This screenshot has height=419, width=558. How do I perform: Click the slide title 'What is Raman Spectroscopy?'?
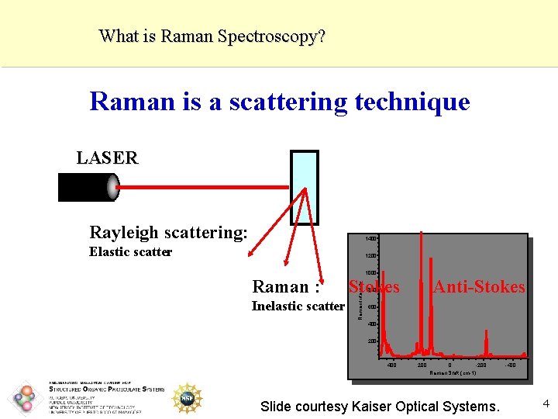click(x=212, y=36)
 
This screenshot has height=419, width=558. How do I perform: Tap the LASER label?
click(x=107, y=158)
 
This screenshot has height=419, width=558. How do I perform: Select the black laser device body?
click(x=83, y=186)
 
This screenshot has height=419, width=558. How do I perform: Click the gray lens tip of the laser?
click(x=113, y=186)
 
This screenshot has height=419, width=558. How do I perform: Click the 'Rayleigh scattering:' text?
click(x=168, y=232)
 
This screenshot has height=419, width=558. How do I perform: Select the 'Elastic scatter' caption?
click(x=130, y=251)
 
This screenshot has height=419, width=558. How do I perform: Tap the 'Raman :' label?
click(x=286, y=287)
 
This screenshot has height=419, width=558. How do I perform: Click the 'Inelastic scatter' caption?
click(x=298, y=306)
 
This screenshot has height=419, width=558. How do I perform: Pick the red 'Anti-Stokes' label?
click(x=479, y=287)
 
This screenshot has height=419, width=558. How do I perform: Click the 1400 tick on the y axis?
click(x=371, y=238)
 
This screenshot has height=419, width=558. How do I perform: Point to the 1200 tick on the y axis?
click(x=371, y=256)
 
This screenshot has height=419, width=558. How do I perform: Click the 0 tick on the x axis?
click(x=449, y=364)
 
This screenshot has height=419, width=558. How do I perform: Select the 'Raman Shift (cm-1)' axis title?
click(x=452, y=373)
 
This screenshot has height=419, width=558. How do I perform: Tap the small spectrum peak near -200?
click(x=487, y=341)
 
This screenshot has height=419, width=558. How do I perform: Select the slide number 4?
click(x=546, y=403)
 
